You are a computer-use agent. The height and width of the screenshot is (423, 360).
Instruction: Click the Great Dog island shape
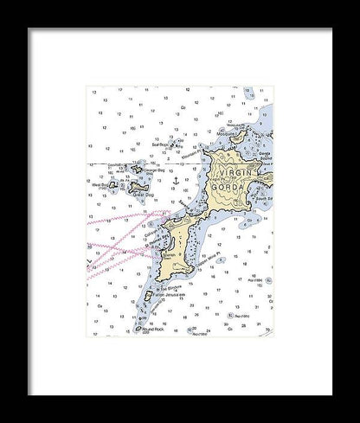138,185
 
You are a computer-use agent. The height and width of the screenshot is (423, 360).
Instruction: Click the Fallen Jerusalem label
164,295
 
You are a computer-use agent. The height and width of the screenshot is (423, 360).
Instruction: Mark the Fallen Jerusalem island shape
148,295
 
